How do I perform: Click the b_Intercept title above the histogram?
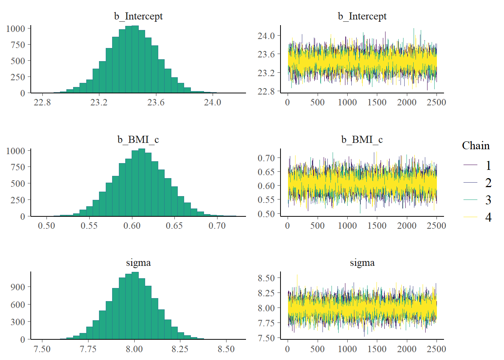click(x=138, y=16)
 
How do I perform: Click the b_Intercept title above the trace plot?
click(x=362, y=16)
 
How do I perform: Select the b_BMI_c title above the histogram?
click(x=138, y=139)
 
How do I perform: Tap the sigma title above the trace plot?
click(x=362, y=262)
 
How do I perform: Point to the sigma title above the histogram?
click(x=138, y=262)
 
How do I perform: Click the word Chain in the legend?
click(x=475, y=145)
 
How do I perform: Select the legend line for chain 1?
click(x=470, y=165)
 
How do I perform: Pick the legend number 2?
click(x=488, y=183)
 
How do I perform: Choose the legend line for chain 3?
click(x=470, y=199)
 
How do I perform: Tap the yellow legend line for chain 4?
click(x=470, y=217)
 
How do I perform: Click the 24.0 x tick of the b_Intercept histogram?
click(x=212, y=102)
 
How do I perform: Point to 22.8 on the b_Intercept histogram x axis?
click(x=42, y=102)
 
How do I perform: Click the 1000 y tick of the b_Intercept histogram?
click(x=16, y=28)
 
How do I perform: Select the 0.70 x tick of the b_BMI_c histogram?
click(x=217, y=226)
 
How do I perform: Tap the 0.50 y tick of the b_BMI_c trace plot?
click(x=266, y=214)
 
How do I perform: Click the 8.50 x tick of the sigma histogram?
click(x=226, y=349)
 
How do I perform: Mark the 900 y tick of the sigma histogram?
click(x=18, y=287)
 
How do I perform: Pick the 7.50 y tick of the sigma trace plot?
click(x=266, y=338)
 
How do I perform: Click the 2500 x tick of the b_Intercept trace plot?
click(x=436, y=102)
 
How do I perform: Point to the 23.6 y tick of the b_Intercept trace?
click(x=266, y=54)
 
